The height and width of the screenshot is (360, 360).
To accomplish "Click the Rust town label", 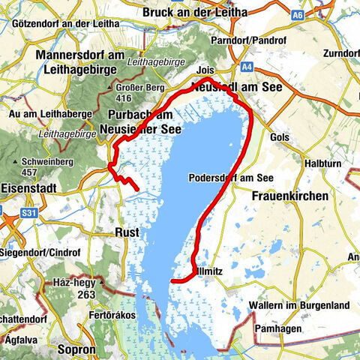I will coord(127,232).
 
